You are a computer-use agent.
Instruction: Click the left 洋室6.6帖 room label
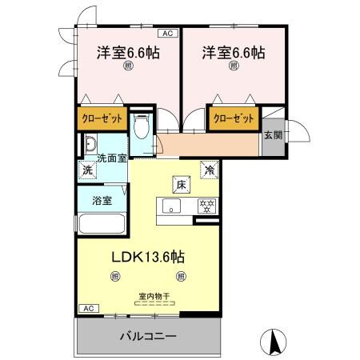[x=127, y=53]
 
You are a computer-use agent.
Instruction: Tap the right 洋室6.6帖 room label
[x=234, y=53]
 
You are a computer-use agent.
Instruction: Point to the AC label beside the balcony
[x=87, y=308]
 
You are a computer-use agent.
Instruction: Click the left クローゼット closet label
[x=102, y=118]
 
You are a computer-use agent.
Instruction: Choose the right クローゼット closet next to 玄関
[x=234, y=118]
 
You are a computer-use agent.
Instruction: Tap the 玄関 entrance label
[x=272, y=135]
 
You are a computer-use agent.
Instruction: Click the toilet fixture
[x=142, y=128]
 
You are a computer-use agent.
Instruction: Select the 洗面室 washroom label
[x=112, y=158]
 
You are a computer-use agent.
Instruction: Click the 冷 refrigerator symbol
[x=208, y=170]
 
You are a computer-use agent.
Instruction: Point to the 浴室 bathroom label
[x=102, y=199]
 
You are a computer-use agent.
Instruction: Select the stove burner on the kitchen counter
[x=207, y=206]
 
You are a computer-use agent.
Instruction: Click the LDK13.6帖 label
[x=147, y=258]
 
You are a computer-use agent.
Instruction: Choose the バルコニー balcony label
[x=148, y=335]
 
